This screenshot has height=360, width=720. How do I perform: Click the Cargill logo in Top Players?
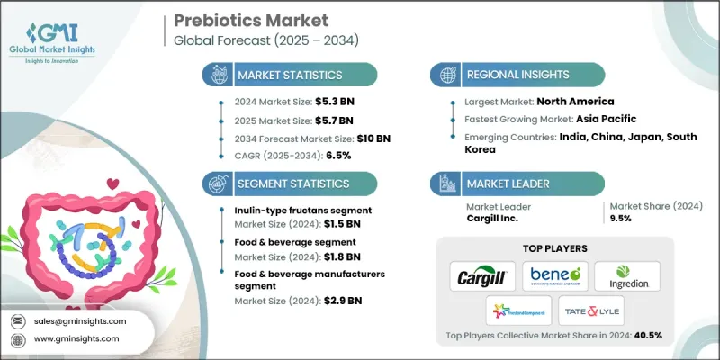(480, 274)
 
